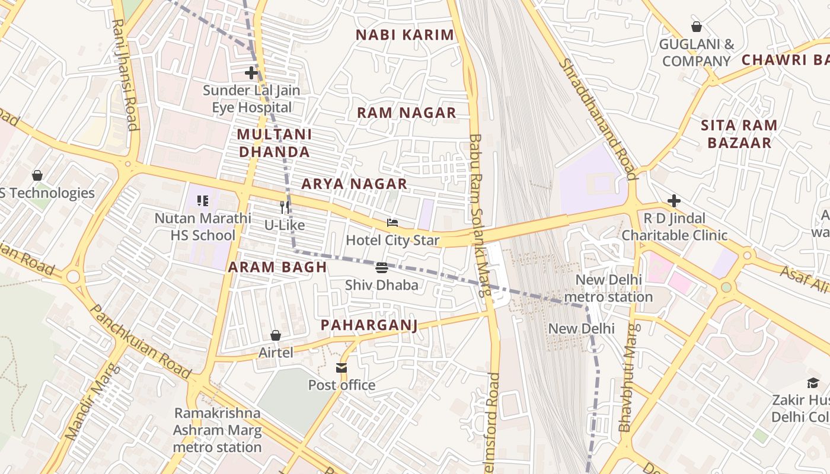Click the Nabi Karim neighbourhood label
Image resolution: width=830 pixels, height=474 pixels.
tap(405, 35)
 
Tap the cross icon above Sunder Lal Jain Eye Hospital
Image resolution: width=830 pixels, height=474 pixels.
tap(251, 73)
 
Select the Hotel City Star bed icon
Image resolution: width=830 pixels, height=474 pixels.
tap(392, 223)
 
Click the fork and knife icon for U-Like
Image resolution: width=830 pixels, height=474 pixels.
tap(285, 207)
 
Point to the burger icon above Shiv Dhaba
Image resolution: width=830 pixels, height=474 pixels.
tap(382, 268)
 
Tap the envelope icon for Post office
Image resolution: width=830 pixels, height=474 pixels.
tap(341, 368)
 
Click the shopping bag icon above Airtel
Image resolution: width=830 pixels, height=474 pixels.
tap(276, 335)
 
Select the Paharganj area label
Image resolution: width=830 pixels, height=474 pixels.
tap(369, 325)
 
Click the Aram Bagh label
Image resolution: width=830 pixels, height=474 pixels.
tap(277, 267)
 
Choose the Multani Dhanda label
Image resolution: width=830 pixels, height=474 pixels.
tap(274, 143)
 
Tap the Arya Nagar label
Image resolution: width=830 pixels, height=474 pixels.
tap(355, 184)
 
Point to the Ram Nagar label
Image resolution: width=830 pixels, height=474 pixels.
tap(407, 113)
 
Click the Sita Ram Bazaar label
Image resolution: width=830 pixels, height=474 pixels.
tap(739, 134)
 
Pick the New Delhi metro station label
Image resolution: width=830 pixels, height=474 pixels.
tap(608, 288)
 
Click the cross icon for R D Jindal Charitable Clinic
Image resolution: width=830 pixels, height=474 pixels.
tap(673, 201)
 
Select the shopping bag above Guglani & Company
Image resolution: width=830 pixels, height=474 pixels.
tap(697, 27)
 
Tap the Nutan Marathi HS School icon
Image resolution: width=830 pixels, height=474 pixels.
tap(203, 201)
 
